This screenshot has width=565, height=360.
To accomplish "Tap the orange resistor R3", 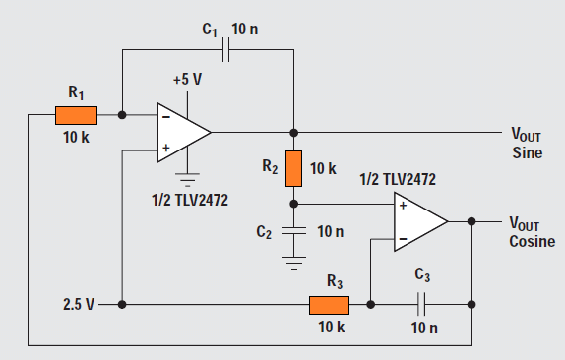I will click(x=329, y=305).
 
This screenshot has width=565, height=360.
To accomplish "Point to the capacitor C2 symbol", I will click(x=292, y=232).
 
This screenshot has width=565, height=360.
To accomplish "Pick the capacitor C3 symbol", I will click(x=422, y=305).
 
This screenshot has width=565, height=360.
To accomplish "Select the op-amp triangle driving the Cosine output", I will click(x=419, y=221).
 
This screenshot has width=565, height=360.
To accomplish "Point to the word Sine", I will click(x=528, y=153).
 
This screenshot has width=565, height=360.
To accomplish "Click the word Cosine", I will click(x=532, y=242).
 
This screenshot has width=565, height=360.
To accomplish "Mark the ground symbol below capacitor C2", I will click(x=292, y=262).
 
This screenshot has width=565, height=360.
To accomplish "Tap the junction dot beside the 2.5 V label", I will click(x=121, y=305).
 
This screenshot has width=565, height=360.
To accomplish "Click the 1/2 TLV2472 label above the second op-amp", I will click(x=398, y=179).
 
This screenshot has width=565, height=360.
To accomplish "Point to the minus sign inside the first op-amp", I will click(x=164, y=115).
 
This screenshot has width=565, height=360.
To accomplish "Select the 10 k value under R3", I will click(x=330, y=327).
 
